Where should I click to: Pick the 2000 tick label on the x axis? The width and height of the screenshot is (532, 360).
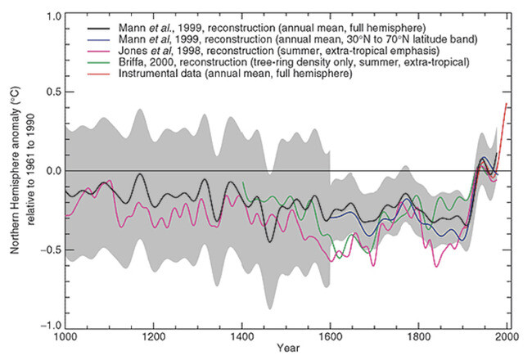pos(507,336)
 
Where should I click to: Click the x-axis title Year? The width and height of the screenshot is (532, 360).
pos(286,350)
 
